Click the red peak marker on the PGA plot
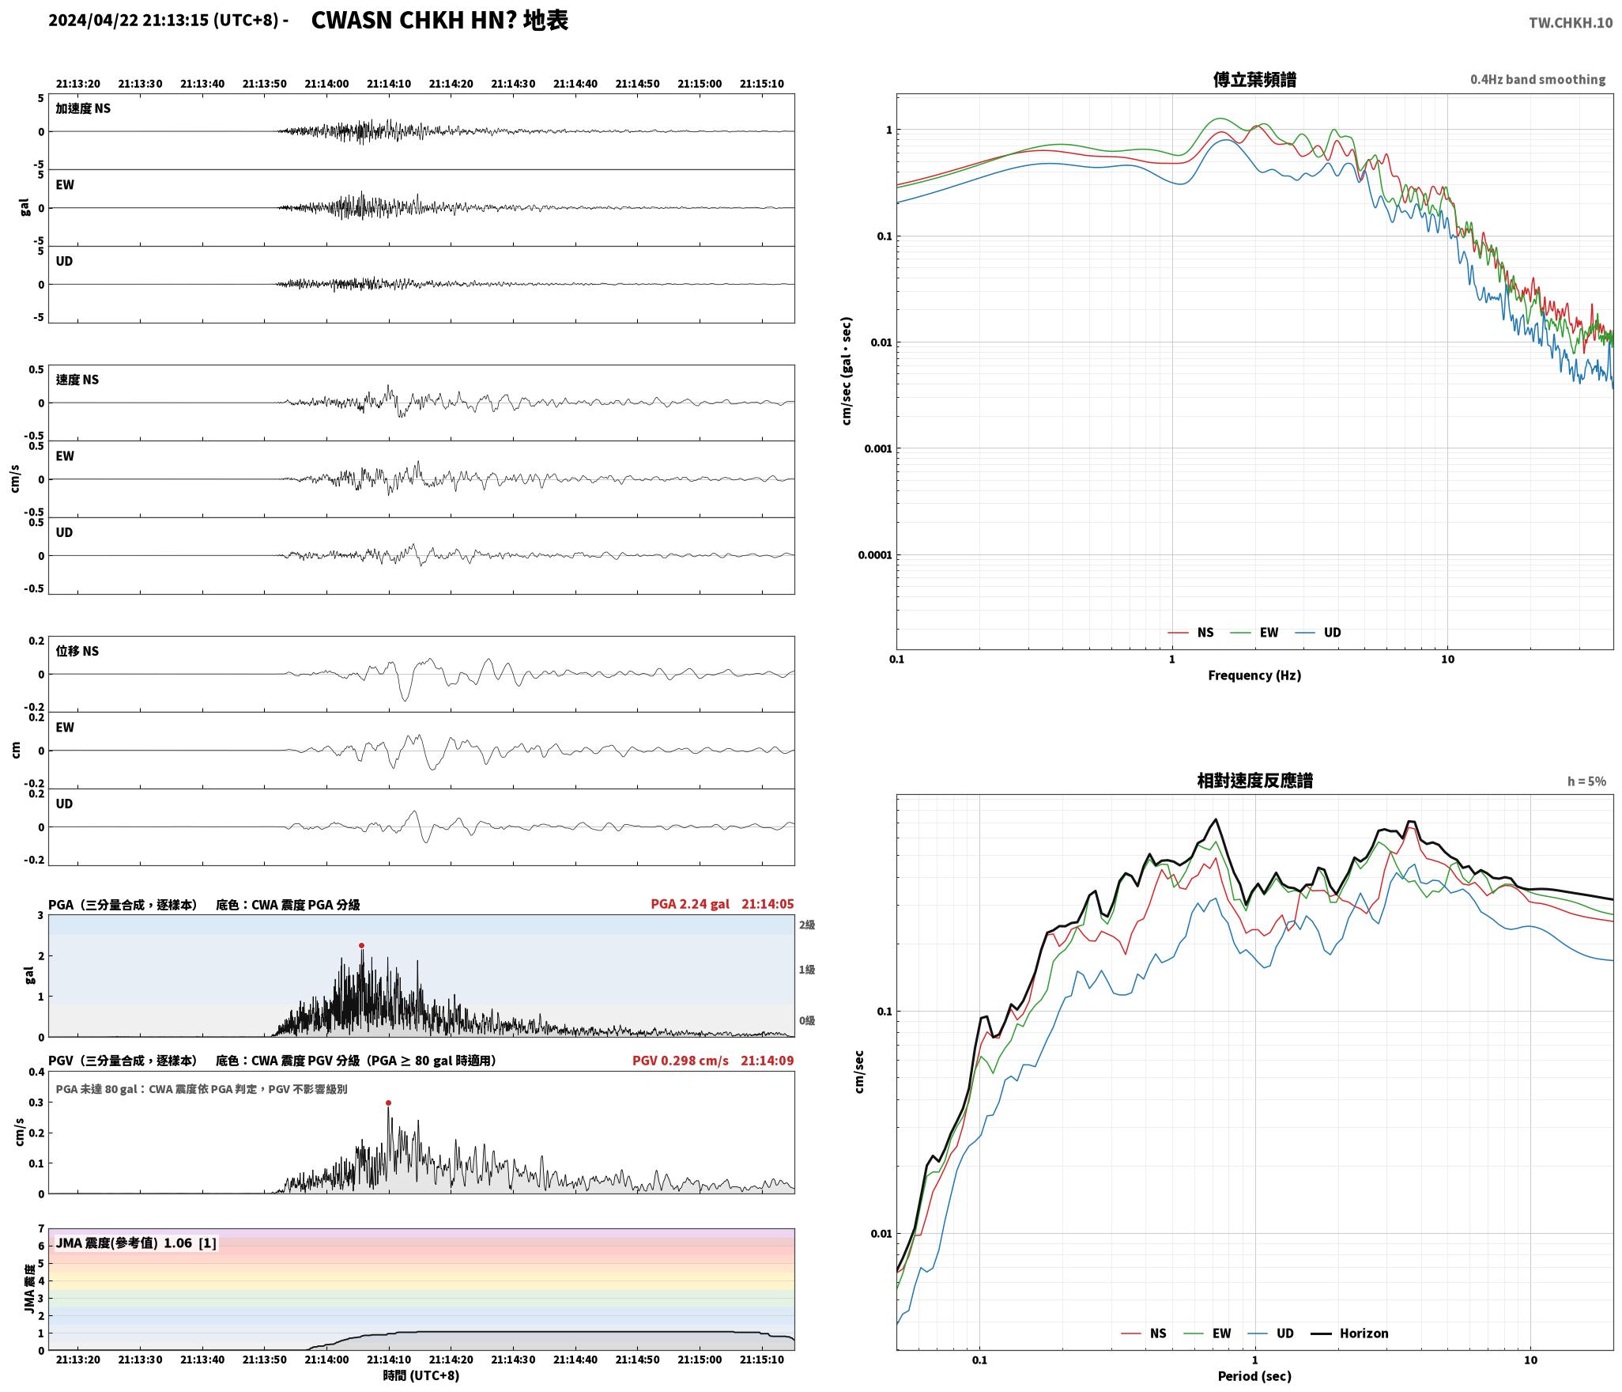click(361, 945)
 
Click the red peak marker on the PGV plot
click(388, 1103)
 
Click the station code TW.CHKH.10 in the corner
click(1570, 23)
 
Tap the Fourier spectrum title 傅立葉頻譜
click(1254, 80)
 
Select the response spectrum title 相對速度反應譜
click(1254, 781)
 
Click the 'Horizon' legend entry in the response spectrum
click(1364, 1333)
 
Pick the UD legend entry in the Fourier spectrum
click(1332, 633)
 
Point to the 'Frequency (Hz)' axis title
click(1254, 675)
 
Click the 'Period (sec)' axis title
click(1254, 1376)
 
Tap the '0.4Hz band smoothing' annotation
click(1537, 80)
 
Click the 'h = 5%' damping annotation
click(1586, 781)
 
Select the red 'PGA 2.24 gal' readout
click(690, 904)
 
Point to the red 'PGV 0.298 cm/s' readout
click(681, 1061)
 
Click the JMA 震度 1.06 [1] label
click(136, 1243)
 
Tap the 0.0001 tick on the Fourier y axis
click(874, 555)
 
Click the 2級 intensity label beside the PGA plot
click(806, 925)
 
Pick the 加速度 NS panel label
click(83, 108)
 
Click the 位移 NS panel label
click(77, 651)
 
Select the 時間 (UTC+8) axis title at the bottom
click(421, 1375)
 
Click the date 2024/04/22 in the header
click(93, 21)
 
